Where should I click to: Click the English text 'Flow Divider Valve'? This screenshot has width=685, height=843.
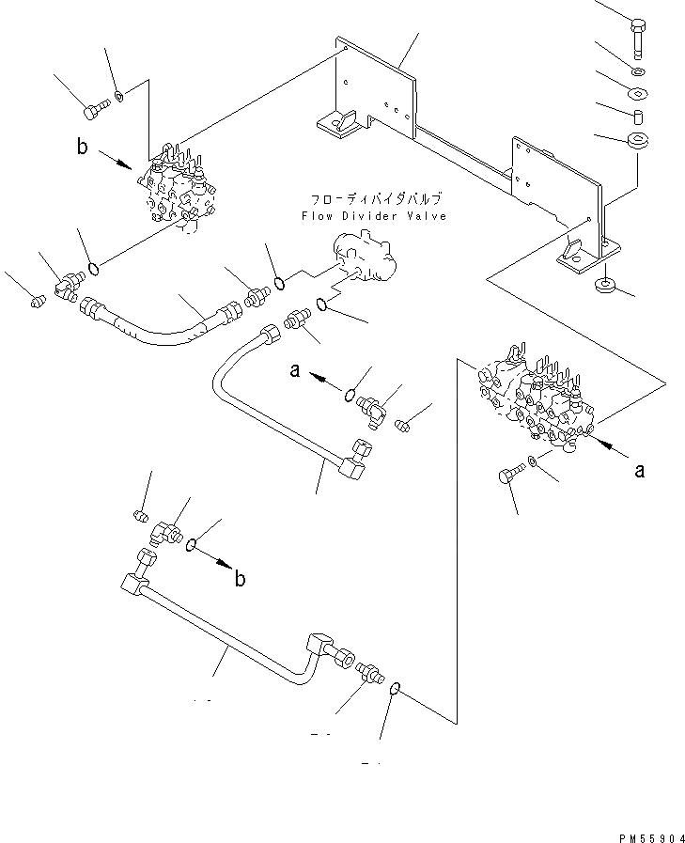point(373,216)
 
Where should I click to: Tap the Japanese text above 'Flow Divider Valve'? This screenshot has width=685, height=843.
point(374,200)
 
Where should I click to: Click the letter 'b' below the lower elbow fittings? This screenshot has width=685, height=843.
point(240,579)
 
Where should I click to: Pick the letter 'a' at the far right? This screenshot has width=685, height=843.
point(640,470)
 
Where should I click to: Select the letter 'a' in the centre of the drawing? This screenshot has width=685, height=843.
point(294,372)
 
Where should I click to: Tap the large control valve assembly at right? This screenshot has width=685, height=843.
point(535,394)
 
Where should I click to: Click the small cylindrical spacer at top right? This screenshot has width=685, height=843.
point(637,117)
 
